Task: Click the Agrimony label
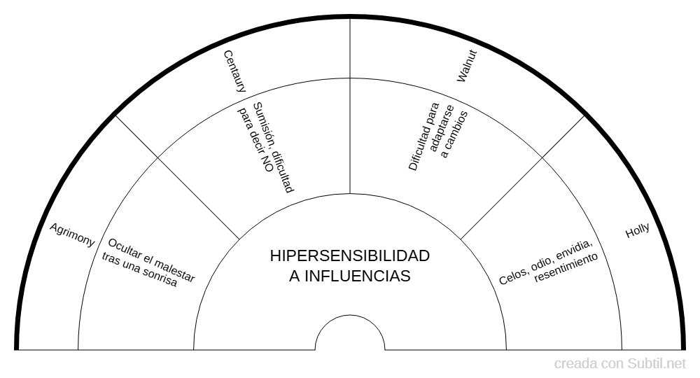pos(72,234)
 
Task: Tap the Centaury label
pos(234,71)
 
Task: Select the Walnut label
pos(467,66)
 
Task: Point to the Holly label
pos(637,231)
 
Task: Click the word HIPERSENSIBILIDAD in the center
pos(349,255)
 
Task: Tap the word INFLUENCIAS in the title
pos(357,276)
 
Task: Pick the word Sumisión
pos(263,121)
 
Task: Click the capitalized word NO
pos(267,165)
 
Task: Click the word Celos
pos(511,276)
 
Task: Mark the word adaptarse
pos(442,128)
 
